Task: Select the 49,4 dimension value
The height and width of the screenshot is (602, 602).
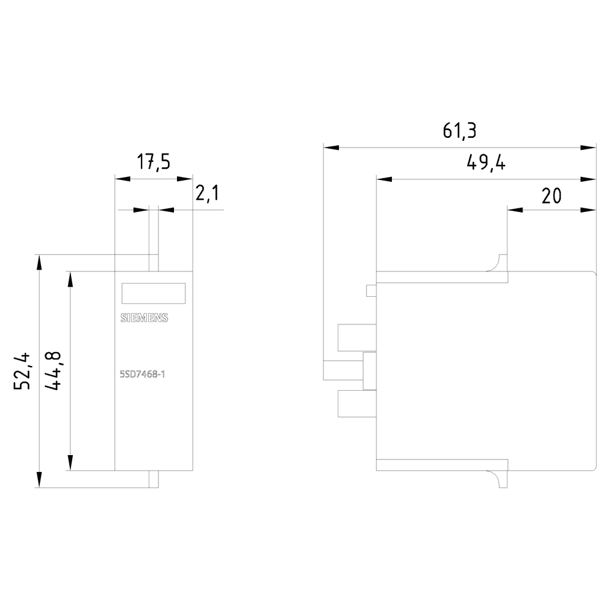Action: [485, 163]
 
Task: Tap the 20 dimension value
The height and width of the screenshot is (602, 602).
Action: [551, 196]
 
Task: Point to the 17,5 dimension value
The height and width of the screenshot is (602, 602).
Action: [153, 163]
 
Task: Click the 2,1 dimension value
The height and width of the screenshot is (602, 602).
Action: [206, 194]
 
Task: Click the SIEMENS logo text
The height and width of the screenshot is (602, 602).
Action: [144, 319]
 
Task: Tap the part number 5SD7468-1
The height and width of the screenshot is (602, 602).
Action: [142, 375]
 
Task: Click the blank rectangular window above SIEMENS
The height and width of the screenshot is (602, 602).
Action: [153, 293]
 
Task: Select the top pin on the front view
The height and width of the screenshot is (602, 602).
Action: [154, 262]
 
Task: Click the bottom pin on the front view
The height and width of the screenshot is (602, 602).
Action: [154, 479]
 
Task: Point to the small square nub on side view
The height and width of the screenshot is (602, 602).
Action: [371, 291]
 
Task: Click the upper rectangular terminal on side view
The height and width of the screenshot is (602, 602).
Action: [357, 337]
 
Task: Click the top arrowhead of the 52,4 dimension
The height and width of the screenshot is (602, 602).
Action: [39, 262]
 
